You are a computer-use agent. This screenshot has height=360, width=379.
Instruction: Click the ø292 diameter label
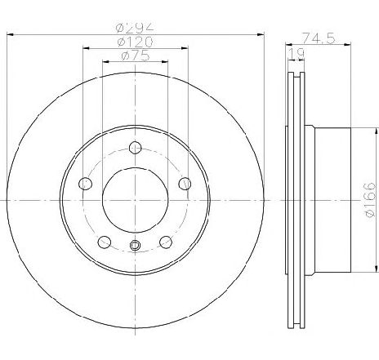[x=135, y=28]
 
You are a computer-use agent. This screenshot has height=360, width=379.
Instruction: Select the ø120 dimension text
[x=135, y=42]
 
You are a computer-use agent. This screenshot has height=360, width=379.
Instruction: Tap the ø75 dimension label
[x=136, y=56]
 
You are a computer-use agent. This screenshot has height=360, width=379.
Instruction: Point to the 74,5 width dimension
[x=318, y=38]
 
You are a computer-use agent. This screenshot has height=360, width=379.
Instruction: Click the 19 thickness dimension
[x=297, y=54]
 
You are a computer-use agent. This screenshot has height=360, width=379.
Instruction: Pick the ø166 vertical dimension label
[x=371, y=200]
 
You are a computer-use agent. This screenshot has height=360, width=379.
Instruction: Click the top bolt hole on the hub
[x=135, y=148]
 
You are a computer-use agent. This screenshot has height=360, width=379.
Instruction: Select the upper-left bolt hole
[x=85, y=184]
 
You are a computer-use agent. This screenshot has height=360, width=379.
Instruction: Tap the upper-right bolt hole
[x=185, y=184]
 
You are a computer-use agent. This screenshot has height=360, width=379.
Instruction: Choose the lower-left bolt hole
[x=105, y=242]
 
